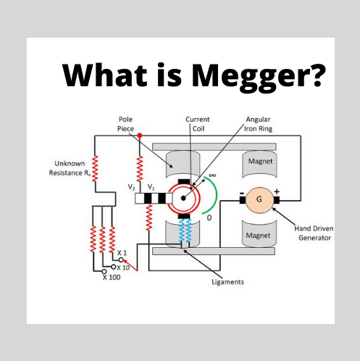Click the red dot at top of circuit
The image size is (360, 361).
coord(139,135)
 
